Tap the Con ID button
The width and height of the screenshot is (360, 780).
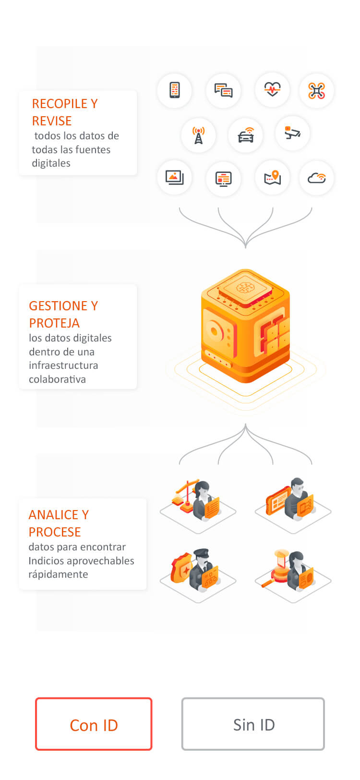[x=94, y=724]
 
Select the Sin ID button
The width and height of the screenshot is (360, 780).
[x=253, y=724]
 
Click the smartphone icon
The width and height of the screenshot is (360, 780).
[x=175, y=90]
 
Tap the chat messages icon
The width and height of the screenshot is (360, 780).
[x=223, y=90]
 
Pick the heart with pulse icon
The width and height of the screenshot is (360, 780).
[x=272, y=89]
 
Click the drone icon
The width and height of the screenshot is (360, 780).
[x=316, y=90]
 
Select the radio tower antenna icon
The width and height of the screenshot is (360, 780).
[x=198, y=135]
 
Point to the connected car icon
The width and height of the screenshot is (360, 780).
[x=246, y=135]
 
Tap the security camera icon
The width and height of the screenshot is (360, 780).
[x=292, y=133]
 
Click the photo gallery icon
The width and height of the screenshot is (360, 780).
[x=175, y=177]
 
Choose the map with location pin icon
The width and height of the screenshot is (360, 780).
[x=272, y=178]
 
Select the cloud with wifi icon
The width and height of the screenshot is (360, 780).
[x=316, y=178]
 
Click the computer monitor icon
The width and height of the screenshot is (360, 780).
[x=223, y=179]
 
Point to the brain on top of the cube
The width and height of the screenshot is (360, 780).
[x=245, y=288]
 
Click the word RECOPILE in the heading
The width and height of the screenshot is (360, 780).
[x=60, y=104]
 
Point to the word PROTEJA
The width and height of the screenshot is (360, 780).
[x=54, y=323]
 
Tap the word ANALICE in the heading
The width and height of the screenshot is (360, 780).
[x=53, y=515]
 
